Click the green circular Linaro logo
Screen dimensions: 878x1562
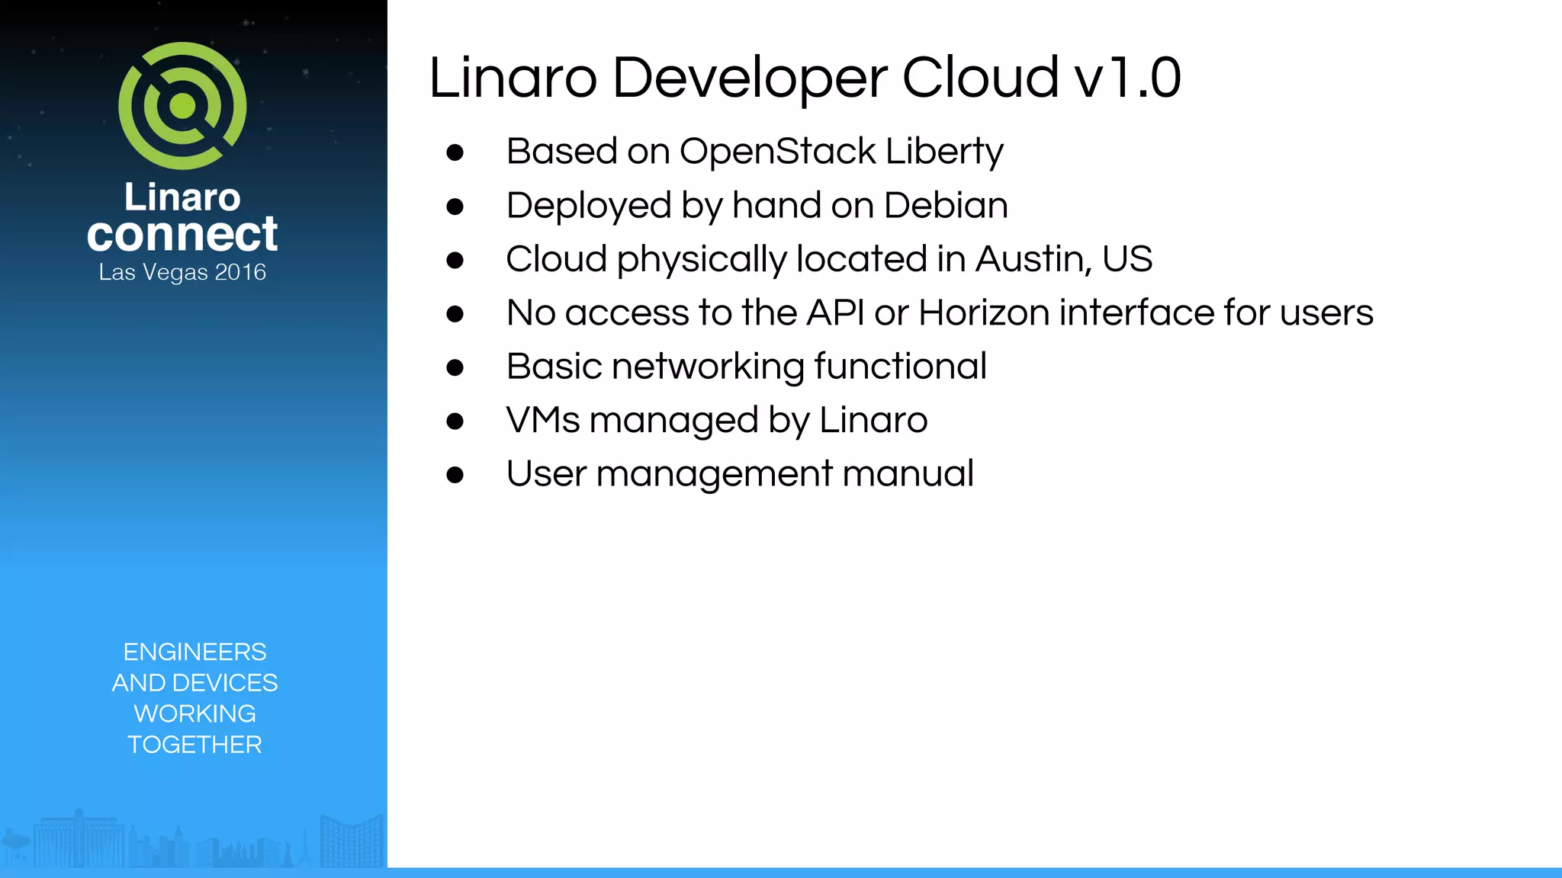[182, 106]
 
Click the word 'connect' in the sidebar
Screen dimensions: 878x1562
[182, 234]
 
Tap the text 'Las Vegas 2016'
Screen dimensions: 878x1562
[182, 272]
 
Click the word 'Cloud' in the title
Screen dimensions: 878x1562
[980, 78]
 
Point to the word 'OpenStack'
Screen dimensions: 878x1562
[778, 151]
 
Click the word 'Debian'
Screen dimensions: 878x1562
[946, 205]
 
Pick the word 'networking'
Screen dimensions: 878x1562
[708, 367]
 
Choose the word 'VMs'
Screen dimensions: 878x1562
[543, 420]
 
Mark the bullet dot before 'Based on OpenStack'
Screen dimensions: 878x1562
[455, 152]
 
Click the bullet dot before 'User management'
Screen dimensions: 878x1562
[455, 475]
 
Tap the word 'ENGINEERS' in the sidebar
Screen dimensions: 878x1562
[194, 652]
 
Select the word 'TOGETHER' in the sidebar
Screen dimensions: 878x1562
[194, 745]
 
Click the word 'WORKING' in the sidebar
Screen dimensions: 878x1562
[194, 714]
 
